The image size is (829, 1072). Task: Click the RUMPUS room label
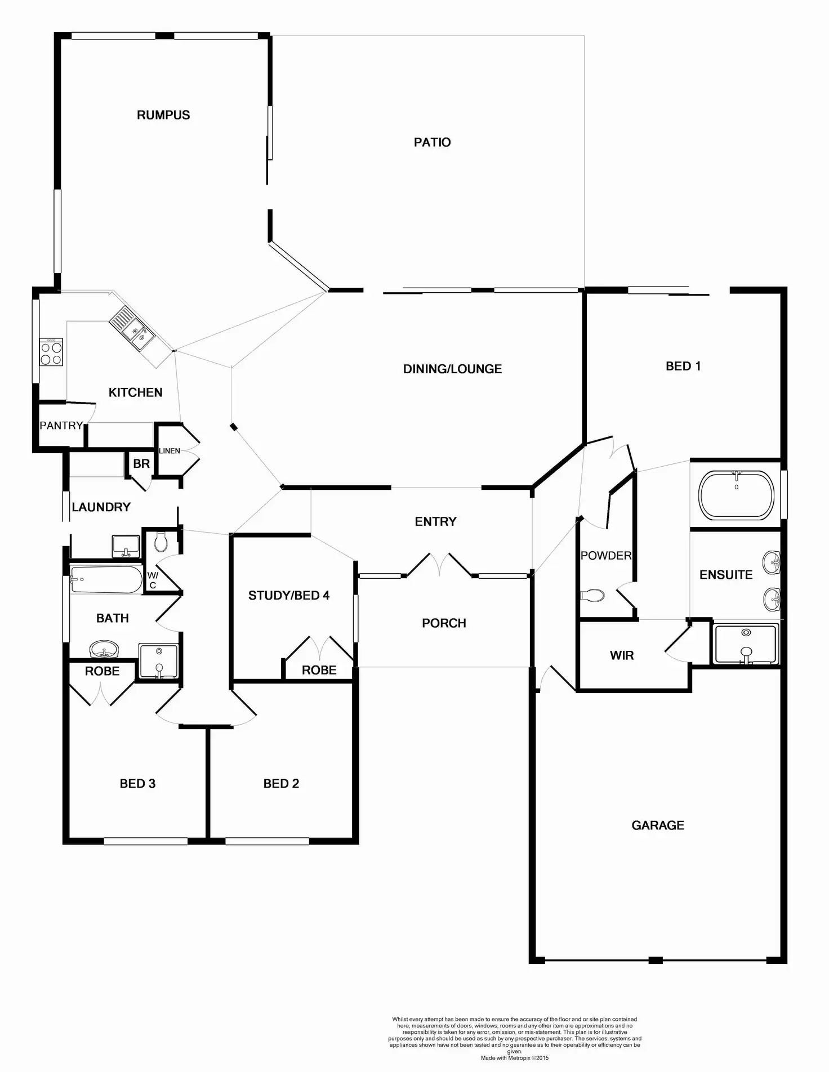[163, 115]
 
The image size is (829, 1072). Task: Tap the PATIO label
[432, 142]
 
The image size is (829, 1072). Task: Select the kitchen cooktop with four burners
[51, 353]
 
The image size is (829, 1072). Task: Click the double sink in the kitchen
[131, 329]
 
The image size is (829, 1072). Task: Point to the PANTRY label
[61, 426]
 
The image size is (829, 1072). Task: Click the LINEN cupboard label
[170, 451]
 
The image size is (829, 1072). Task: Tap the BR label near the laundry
[141, 463]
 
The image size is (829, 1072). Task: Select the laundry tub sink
[126, 546]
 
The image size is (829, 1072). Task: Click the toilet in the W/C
[161, 543]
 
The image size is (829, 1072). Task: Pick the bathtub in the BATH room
[106, 579]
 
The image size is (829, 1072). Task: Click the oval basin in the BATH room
[104, 650]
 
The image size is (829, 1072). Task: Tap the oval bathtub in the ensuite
[736, 494]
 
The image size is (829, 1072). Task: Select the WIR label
[622, 655]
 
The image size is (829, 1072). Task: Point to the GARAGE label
[658, 825]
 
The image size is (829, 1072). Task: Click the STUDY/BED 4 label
[289, 595]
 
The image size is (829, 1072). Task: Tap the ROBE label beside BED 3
[102, 671]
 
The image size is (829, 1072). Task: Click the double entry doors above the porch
[440, 565]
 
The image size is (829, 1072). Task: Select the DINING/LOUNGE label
[452, 369]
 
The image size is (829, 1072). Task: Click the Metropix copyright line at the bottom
[514, 1058]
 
